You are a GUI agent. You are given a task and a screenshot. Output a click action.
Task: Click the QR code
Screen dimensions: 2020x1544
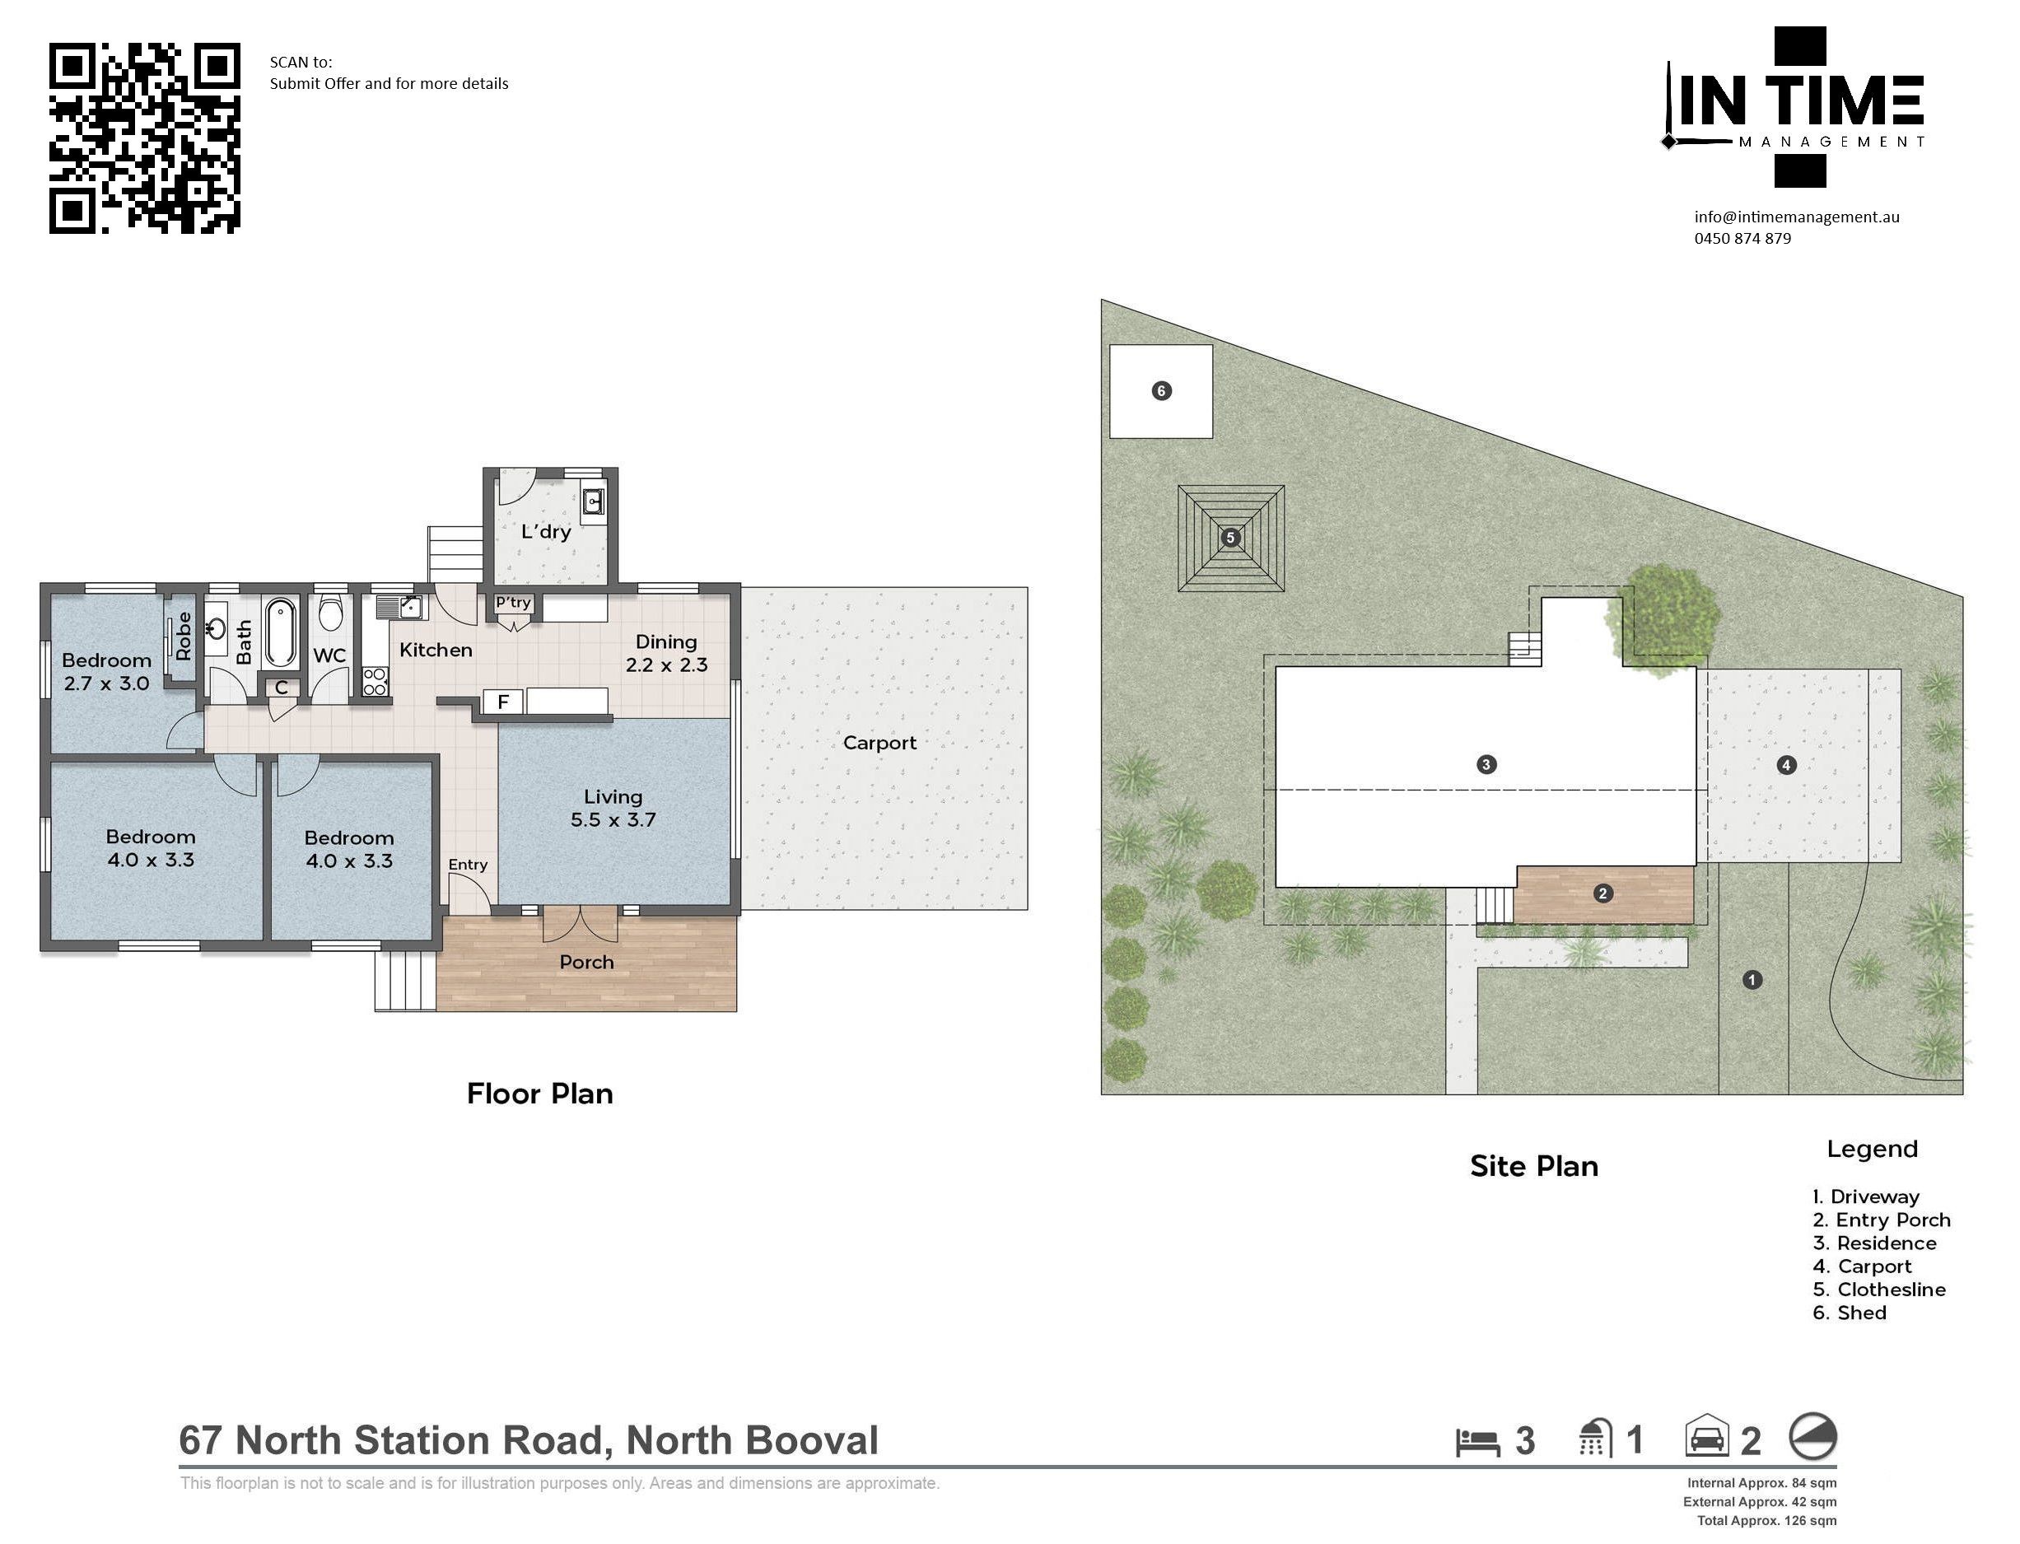point(144,138)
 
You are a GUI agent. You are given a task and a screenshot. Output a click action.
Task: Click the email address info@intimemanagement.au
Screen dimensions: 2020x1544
point(1797,217)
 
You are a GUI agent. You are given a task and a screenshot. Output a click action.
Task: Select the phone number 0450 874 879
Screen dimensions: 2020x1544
point(1742,238)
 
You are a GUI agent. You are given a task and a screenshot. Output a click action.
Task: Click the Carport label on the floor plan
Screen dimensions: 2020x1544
point(879,743)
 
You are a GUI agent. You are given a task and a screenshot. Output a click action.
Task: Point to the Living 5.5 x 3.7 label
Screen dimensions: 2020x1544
point(613,809)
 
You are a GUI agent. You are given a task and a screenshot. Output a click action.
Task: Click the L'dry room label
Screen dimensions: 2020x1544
point(546,531)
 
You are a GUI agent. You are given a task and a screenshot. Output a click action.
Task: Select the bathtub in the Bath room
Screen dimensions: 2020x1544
point(280,632)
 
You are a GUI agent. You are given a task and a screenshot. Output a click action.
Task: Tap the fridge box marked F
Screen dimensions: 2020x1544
point(502,702)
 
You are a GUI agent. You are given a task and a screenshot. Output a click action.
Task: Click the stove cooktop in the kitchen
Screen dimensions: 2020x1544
point(375,681)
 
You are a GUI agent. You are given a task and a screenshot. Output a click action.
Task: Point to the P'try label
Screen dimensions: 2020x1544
point(513,603)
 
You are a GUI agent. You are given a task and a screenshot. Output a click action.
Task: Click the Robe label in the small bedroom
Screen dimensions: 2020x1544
point(184,636)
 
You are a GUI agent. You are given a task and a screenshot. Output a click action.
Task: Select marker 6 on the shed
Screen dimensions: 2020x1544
point(1161,390)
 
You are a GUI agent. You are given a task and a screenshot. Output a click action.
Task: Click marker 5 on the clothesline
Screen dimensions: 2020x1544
point(1230,538)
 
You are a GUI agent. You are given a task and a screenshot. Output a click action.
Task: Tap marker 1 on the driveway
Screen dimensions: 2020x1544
point(1752,980)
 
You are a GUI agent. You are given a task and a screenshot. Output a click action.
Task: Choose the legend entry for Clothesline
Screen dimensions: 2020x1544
point(1878,1290)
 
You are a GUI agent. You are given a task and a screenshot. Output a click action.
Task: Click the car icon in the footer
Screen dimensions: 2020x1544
point(1706,1435)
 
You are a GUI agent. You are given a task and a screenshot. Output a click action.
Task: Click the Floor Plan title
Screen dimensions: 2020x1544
point(539,1094)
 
